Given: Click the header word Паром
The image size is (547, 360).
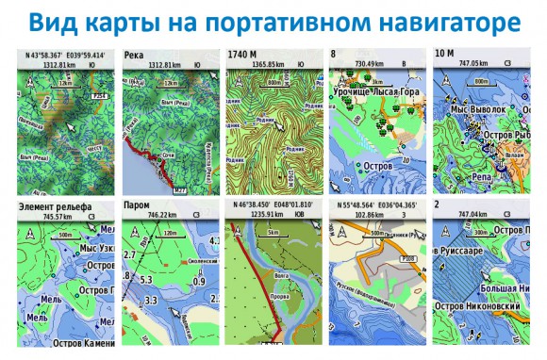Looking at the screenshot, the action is pos(138,205).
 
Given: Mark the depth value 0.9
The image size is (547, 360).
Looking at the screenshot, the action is pos(197,281).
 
